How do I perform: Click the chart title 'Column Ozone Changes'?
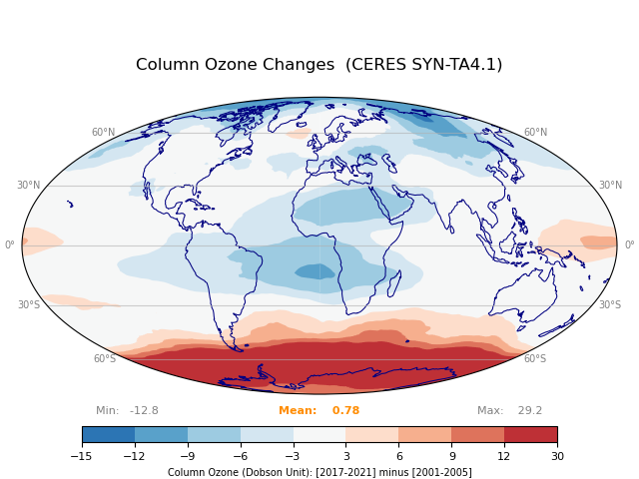click(x=235, y=65)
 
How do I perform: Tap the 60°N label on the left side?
click(x=103, y=133)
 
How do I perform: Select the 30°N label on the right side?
click(x=611, y=186)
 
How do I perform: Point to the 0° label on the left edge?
click(x=10, y=245)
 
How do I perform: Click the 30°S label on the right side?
click(x=609, y=305)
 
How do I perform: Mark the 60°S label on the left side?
click(x=105, y=359)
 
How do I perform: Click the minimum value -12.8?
click(x=144, y=411)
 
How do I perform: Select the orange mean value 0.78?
click(x=345, y=411)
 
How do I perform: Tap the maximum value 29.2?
click(x=529, y=411)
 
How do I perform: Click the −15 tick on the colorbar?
click(x=82, y=456)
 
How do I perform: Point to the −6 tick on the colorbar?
click(x=241, y=456)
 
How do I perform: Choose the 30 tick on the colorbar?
click(x=557, y=456)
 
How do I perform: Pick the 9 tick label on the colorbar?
click(x=451, y=456)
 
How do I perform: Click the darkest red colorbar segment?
click(x=530, y=434)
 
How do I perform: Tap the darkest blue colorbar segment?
click(x=108, y=434)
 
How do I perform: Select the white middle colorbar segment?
click(x=319, y=434)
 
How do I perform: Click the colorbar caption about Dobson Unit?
click(x=319, y=472)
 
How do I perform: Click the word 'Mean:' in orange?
click(x=298, y=411)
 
